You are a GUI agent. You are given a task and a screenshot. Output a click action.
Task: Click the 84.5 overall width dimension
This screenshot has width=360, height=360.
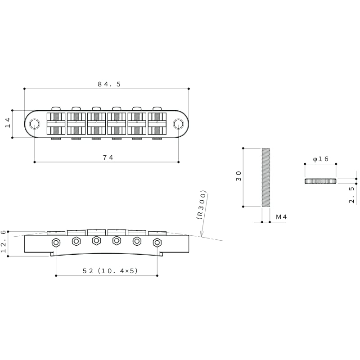(x=109, y=84)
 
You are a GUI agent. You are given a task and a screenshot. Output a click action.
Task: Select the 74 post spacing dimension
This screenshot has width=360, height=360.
(x=108, y=157)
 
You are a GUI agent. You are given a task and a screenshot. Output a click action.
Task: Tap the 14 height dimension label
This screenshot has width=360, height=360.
(x=8, y=122)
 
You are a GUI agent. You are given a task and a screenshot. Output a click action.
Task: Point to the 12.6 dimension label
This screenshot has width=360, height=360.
(x=4, y=242)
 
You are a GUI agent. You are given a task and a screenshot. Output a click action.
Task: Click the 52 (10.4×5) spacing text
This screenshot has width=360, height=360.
(x=110, y=271)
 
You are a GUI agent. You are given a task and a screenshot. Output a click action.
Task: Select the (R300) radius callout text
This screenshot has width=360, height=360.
(x=202, y=205)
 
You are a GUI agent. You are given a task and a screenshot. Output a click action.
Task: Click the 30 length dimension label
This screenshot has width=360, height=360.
(x=239, y=176)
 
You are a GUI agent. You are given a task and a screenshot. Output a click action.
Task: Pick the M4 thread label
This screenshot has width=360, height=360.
(x=281, y=217)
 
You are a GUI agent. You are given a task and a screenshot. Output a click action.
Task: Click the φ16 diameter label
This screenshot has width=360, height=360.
(x=321, y=159)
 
